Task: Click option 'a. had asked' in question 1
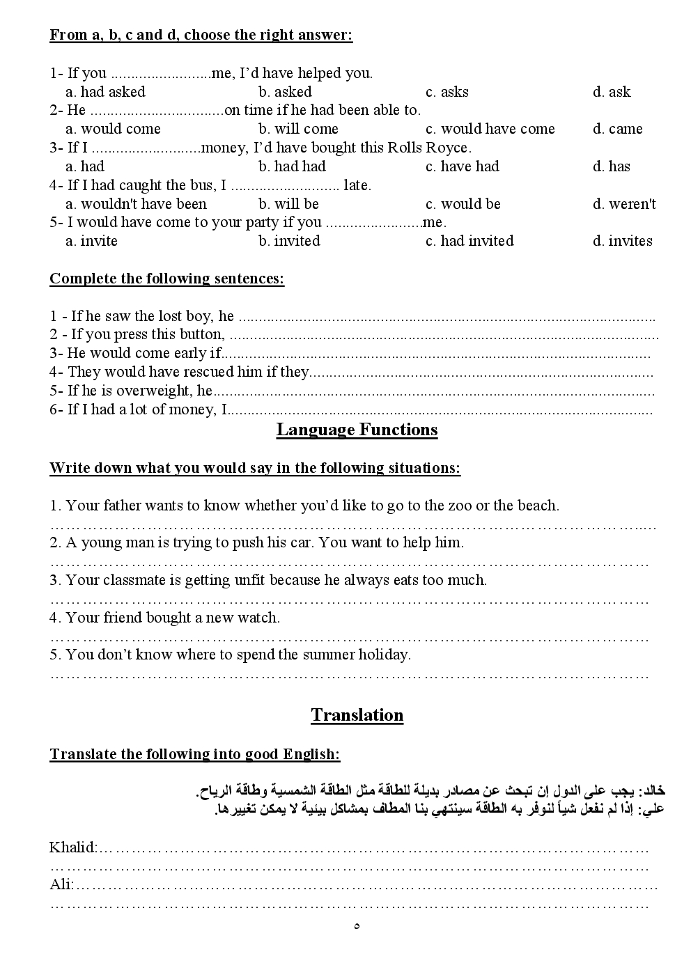coord(105,92)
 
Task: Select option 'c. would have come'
coord(490,129)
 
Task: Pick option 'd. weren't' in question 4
coord(624,204)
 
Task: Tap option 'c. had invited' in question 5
coord(469,241)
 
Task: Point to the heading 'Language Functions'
coord(357,430)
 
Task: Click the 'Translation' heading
coord(357,715)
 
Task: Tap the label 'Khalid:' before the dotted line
coord(72,848)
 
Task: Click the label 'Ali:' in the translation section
coord(61,885)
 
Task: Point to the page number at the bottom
coord(357,926)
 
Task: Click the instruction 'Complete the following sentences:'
coord(166,279)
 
